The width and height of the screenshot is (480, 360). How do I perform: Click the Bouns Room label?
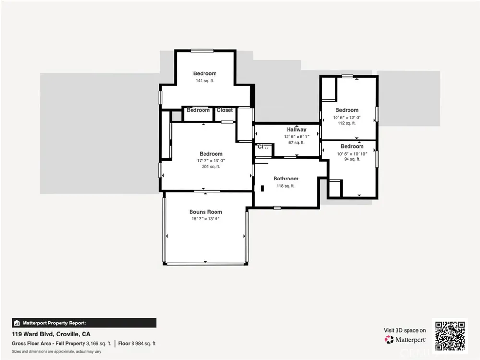click(205, 212)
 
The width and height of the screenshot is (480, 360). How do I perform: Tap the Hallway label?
click(296, 130)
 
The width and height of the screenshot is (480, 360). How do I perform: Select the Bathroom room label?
click(286, 179)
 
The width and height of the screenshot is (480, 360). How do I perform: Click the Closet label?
click(225, 110)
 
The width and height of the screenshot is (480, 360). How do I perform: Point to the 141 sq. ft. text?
click(205, 81)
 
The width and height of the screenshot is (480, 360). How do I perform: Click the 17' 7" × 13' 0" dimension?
click(211, 161)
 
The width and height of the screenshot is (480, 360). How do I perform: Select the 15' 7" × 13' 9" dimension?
click(206, 219)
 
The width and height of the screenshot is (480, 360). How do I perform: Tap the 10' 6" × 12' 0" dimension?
click(347, 118)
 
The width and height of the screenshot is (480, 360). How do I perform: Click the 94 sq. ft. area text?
click(352, 159)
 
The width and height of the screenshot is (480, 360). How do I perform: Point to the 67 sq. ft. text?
click(296, 143)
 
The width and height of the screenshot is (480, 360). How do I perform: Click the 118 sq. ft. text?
click(286, 186)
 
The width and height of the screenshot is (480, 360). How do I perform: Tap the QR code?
click(450, 336)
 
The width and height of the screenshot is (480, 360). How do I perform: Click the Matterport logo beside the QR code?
click(405, 340)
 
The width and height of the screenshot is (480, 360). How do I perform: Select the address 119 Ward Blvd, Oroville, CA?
click(51, 334)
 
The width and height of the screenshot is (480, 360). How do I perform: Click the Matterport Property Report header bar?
click(84, 323)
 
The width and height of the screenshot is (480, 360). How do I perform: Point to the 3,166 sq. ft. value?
click(98, 344)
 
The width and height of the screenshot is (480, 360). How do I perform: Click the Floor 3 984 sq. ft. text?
click(137, 344)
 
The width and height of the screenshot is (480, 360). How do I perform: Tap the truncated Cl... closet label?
click(263, 147)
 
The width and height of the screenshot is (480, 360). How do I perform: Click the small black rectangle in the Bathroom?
click(262, 188)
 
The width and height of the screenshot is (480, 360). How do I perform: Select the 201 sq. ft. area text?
click(211, 167)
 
